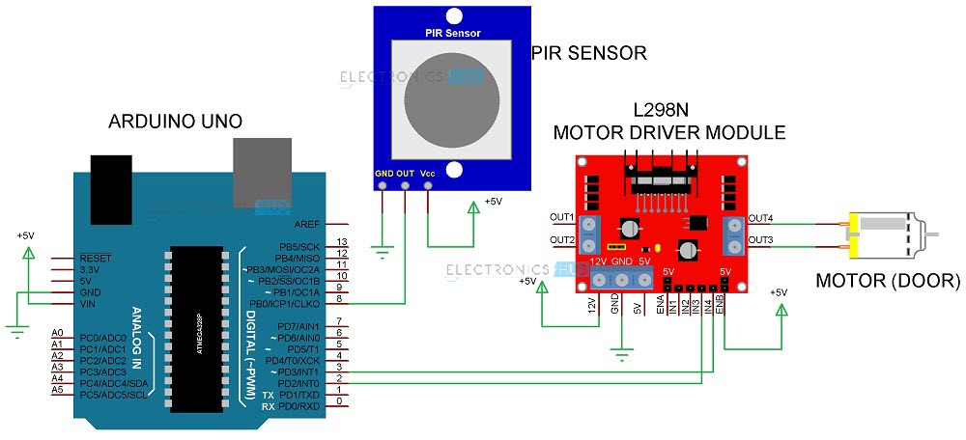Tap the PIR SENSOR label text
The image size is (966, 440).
[x=589, y=52]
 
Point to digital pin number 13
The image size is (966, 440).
[x=341, y=241]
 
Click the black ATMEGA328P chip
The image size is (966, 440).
[x=198, y=322]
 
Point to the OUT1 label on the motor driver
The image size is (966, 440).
[x=562, y=217]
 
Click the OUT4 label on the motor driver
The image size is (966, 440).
[x=760, y=217]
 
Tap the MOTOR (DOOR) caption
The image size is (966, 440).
[x=888, y=282]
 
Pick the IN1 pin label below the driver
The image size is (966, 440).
[x=672, y=308]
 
